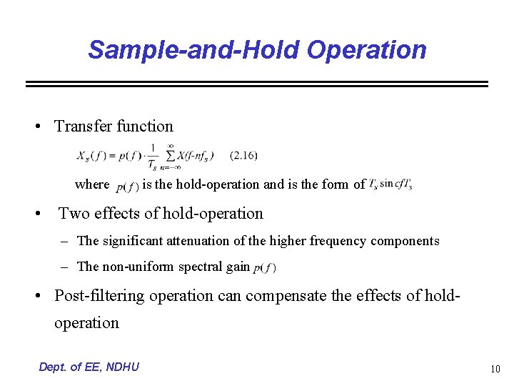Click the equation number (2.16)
(x=244, y=155)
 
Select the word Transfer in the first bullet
(x=83, y=127)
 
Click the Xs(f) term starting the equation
(x=92, y=156)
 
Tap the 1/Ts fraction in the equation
(x=152, y=157)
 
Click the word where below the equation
(x=92, y=184)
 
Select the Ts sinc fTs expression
(x=390, y=184)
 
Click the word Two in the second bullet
(x=73, y=213)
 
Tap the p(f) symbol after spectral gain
(x=264, y=267)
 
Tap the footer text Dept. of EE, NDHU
(x=89, y=367)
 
